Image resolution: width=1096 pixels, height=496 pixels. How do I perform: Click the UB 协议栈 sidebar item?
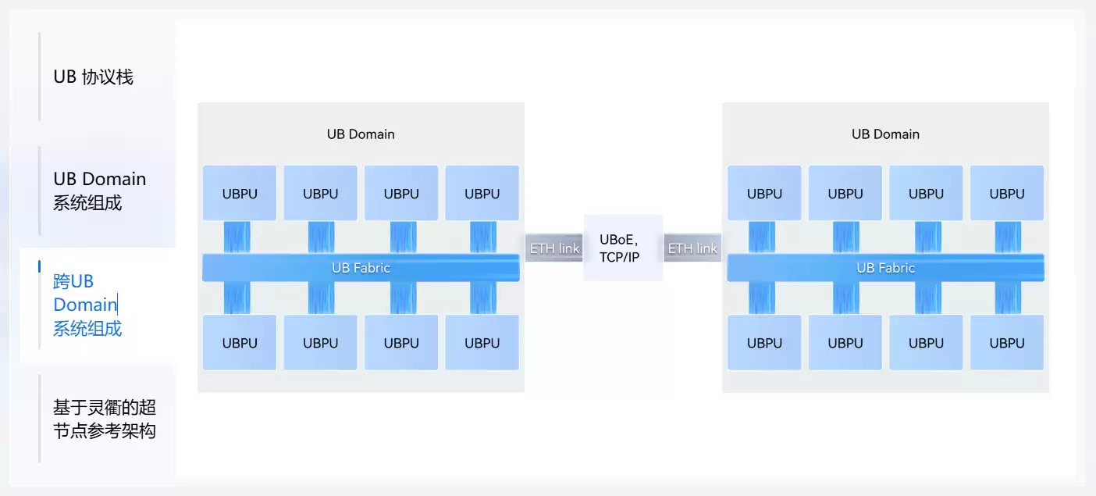[x=93, y=77]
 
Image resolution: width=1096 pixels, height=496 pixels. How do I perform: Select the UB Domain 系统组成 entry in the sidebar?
[x=99, y=191]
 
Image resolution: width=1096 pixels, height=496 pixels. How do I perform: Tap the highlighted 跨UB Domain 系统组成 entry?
[x=87, y=305]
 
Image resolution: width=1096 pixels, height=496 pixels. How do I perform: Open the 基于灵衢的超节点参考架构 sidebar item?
[x=104, y=419]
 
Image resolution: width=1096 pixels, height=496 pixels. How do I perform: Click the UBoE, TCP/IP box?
[x=623, y=248]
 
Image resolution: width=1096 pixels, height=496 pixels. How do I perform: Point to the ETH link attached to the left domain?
[x=554, y=248]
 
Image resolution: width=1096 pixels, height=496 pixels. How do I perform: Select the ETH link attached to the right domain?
[x=692, y=248]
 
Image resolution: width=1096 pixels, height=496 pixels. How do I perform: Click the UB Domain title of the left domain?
[x=361, y=134]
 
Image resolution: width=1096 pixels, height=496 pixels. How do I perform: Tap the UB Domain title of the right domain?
[x=885, y=134]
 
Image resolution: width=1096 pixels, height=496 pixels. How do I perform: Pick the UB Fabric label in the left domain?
[x=361, y=268]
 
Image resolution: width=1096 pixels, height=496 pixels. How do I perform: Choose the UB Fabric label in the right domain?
[x=885, y=268]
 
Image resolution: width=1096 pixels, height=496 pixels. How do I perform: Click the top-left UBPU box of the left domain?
[x=240, y=194]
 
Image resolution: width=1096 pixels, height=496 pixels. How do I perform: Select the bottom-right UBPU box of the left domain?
[x=482, y=343]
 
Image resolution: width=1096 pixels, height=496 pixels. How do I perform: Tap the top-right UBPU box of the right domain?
[x=1006, y=194]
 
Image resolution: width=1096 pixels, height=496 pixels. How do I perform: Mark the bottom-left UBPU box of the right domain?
[x=764, y=343]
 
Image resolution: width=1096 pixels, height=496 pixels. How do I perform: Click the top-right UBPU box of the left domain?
[x=482, y=194]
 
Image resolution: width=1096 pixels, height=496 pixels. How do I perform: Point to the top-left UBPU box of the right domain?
[x=764, y=194]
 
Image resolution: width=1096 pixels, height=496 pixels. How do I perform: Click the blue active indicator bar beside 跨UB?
[x=39, y=266]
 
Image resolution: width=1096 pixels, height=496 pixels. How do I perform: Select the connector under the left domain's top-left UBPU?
[x=237, y=237]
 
